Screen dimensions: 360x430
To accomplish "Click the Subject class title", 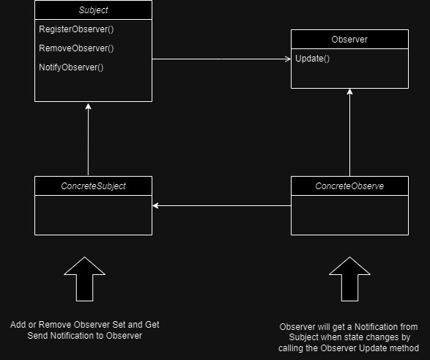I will [93, 10].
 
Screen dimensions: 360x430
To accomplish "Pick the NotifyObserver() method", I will [71, 67].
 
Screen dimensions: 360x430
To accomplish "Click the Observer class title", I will [349, 40].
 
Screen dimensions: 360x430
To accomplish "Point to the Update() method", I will [313, 59].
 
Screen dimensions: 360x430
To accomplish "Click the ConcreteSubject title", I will [93, 186].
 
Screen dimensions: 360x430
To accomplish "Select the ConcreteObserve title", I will [349, 186].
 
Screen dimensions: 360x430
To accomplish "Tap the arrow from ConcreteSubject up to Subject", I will [88, 139].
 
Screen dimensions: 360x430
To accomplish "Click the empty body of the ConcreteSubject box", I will [93, 216].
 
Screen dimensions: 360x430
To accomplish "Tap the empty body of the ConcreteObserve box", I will [349, 216].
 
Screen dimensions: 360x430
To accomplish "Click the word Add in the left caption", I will [18, 324].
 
